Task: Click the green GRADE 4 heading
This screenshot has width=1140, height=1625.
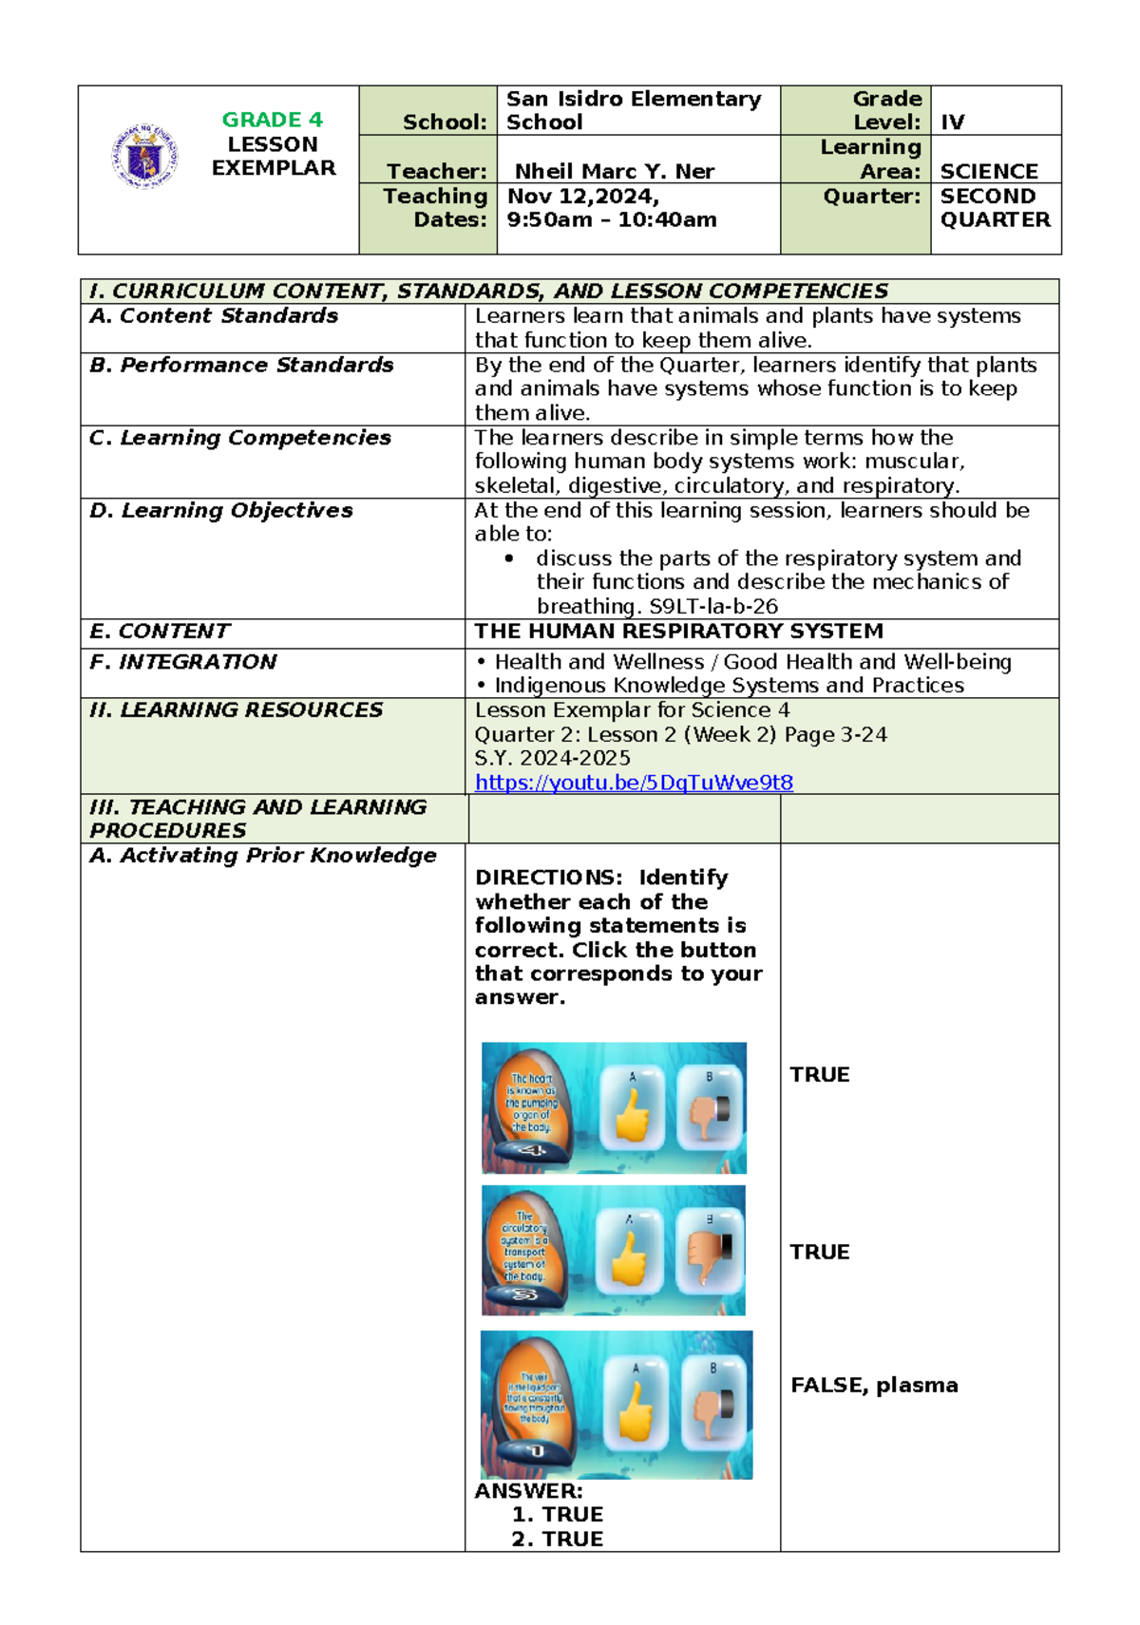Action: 272,120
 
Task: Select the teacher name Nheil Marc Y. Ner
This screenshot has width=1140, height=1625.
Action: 614,171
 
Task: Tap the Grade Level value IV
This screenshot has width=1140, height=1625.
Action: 952,123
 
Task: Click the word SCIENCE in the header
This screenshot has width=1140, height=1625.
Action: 988,171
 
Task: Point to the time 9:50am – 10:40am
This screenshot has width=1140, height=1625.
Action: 611,220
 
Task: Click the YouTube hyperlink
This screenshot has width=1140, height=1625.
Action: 634,783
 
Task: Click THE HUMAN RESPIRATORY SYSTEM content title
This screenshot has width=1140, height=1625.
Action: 678,632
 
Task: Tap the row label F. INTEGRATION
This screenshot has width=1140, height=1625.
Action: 182,662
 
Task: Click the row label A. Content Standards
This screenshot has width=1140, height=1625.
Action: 213,316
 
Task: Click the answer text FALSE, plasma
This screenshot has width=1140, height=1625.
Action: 873,1385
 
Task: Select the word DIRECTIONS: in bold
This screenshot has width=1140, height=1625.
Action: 547,878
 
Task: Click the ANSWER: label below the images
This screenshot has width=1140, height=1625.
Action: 528,1491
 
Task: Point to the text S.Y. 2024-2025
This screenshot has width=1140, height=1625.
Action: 552,758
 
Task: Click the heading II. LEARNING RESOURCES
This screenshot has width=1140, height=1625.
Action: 235,710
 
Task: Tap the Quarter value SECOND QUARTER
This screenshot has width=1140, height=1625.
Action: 994,208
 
